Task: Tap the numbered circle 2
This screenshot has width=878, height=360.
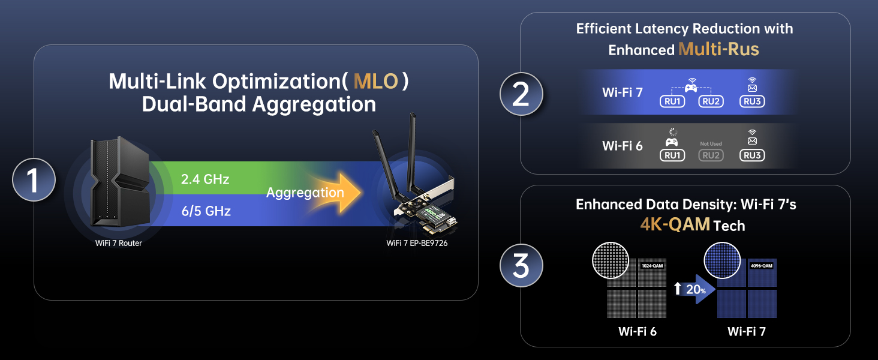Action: [x=521, y=95]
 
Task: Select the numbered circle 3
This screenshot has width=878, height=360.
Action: [x=521, y=265]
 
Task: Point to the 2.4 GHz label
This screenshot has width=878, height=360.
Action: [x=205, y=179]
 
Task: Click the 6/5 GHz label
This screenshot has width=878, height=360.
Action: [x=206, y=211]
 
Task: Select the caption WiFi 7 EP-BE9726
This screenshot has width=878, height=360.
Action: [x=417, y=243]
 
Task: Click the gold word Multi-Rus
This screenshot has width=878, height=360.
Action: [x=718, y=49]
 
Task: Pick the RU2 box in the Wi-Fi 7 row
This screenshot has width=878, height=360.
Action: [x=711, y=101]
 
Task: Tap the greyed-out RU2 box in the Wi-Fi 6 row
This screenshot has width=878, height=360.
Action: [x=711, y=155]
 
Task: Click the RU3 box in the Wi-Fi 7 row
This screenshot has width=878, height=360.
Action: [x=752, y=101]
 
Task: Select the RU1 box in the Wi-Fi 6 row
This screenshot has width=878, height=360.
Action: [x=672, y=155]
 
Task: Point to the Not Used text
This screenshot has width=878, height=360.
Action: [x=711, y=144]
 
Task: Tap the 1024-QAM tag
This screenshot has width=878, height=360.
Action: [x=653, y=265]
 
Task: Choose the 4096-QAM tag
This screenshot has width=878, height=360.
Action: [x=762, y=265]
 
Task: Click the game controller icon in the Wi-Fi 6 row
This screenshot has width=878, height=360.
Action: [x=672, y=143]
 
